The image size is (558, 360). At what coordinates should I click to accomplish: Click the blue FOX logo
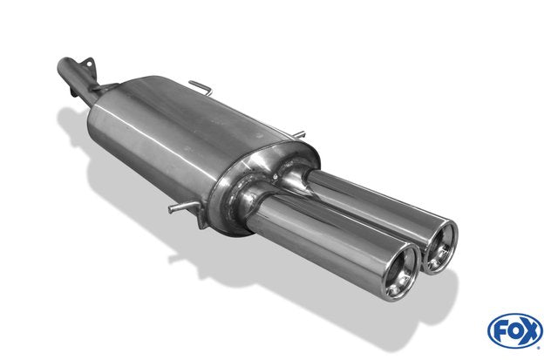515,331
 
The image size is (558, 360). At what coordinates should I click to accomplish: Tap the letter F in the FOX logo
500,331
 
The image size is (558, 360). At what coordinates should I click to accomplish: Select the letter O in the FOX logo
514,331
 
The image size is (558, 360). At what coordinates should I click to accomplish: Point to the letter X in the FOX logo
530,332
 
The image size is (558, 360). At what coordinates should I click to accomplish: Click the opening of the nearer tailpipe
401,273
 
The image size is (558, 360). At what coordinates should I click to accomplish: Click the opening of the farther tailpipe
439,247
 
